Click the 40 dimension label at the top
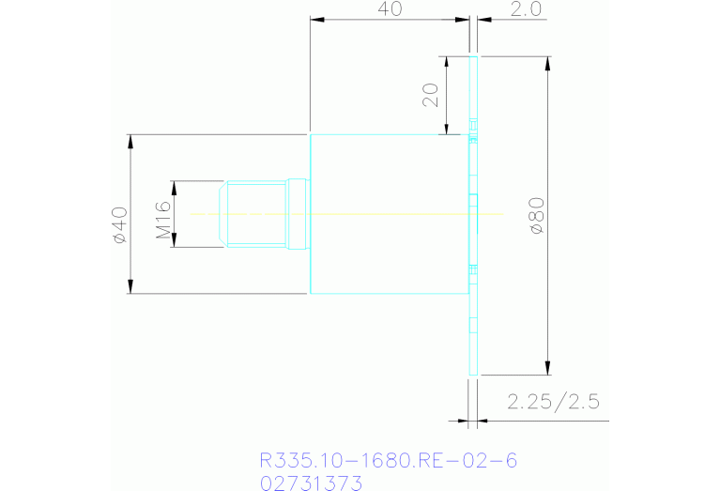[x=390, y=9]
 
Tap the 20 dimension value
[x=431, y=95]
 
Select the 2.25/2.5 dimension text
[x=553, y=403]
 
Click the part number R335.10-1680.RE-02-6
[x=388, y=461]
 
